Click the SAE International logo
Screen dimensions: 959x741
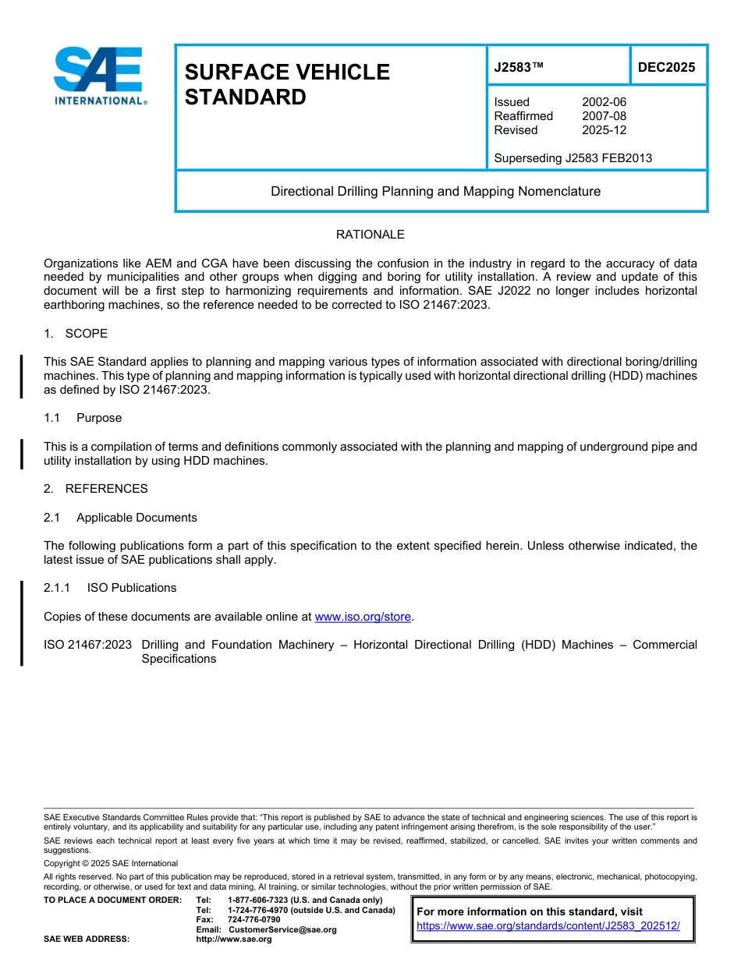[x=99, y=76]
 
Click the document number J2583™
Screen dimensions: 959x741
[x=518, y=68]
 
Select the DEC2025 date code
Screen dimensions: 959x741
[x=666, y=68]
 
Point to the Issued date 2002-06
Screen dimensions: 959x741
[x=604, y=102]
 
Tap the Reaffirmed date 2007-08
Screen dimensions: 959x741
[x=604, y=116]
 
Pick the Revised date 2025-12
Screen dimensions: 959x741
[x=604, y=130]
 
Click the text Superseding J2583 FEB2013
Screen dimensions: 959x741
[x=573, y=158]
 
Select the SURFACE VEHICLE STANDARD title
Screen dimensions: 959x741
[x=286, y=84]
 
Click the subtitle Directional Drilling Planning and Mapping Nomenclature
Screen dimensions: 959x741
[x=435, y=191]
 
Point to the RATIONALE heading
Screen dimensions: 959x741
[x=370, y=235]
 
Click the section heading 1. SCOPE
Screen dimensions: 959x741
[x=76, y=334]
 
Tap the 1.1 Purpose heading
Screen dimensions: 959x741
[x=83, y=418]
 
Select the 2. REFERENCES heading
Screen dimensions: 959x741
[x=95, y=489]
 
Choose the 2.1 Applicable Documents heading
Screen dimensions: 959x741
[x=120, y=518]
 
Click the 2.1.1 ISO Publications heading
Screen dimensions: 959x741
[x=110, y=588]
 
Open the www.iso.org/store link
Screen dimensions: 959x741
[x=362, y=617]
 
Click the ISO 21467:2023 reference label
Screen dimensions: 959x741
[x=87, y=645]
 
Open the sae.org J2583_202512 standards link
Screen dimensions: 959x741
[x=548, y=925]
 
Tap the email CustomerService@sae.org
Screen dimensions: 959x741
[x=282, y=929]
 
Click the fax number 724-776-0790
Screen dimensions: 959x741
[x=253, y=920]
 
